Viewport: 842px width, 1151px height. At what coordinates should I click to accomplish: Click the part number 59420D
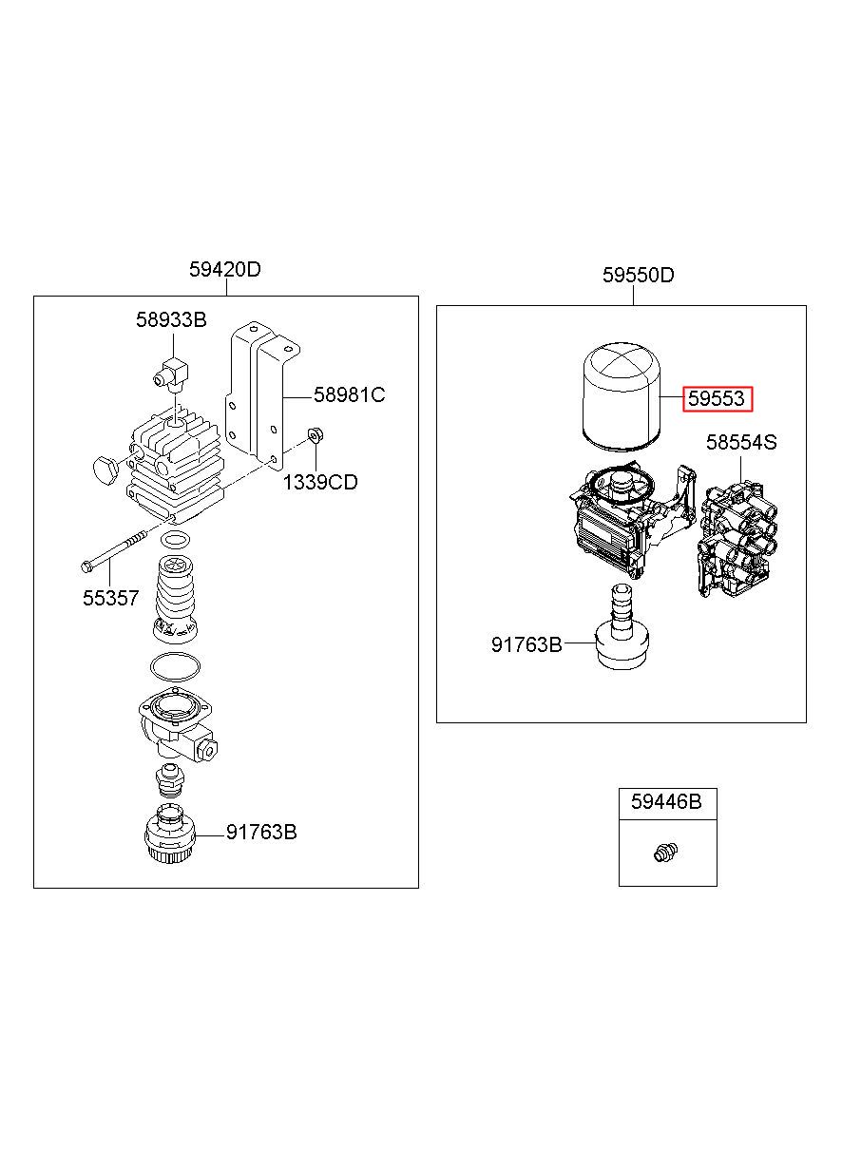coord(224,269)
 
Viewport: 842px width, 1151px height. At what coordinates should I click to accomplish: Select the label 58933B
coord(171,319)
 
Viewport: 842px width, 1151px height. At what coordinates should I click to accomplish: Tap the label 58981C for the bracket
coord(349,394)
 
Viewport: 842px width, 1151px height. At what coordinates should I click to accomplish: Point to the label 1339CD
coord(320,482)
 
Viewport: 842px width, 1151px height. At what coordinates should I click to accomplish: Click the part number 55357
coord(111,598)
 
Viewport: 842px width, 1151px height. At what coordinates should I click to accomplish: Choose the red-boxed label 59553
coord(717,398)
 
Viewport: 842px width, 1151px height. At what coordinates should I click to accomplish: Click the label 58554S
coord(741,442)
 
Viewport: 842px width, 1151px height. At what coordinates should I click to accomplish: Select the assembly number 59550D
coord(638,275)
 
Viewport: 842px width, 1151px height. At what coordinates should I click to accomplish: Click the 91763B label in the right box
coord(526,644)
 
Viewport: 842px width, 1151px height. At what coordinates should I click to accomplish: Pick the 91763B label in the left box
coord(261,832)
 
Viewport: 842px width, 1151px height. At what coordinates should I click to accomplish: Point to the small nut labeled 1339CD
coord(315,435)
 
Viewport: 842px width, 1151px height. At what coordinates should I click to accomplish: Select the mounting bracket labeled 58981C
coord(262,395)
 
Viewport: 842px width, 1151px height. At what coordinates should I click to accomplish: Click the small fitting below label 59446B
coord(666,852)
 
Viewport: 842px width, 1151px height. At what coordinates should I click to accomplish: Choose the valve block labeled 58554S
coord(737,539)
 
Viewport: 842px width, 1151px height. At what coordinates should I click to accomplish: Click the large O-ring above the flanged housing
coord(175,667)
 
